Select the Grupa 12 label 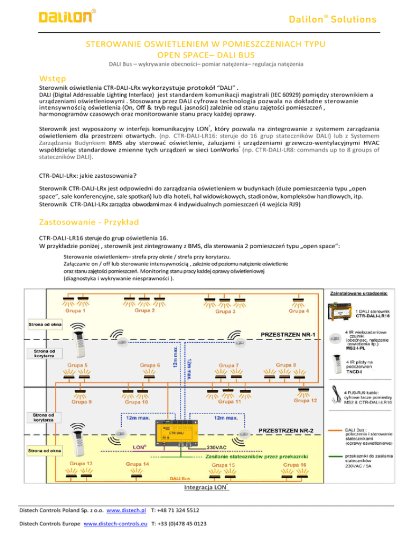[x=306, y=400]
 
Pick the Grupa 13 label [x=79, y=463]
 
